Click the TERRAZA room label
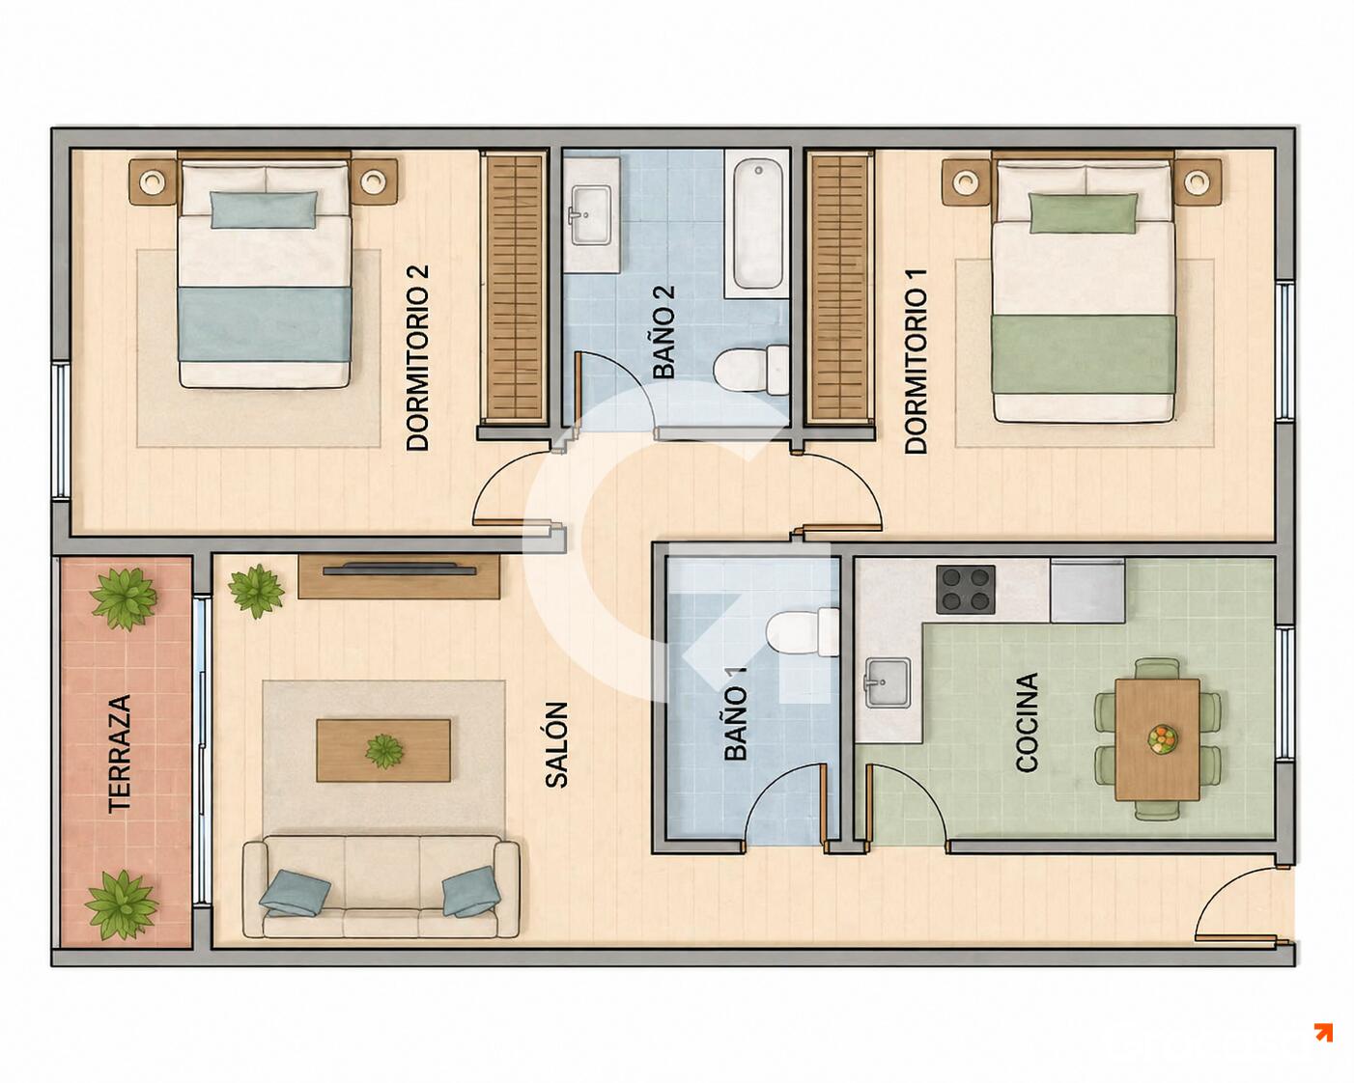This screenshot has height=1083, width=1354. pos(120,753)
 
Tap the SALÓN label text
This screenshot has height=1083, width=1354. pos(556,744)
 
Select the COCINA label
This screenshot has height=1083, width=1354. pos(1027,722)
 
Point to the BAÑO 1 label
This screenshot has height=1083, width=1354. pos(735,713)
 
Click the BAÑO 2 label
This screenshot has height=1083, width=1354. pos(664,332)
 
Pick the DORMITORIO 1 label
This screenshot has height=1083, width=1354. pos(916,361)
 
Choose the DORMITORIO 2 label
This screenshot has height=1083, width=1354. pos(417,357)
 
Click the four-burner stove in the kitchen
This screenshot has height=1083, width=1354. pos(965,590)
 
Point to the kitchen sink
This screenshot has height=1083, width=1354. pos(887,683)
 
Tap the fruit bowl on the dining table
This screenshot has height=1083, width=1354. pos(1161,739)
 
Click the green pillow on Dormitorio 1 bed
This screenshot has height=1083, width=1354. pos(1084,213)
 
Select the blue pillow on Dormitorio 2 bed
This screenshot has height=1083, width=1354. pos(264,209)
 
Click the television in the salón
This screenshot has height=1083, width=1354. pos(400,569)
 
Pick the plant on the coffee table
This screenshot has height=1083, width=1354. pos(383,752)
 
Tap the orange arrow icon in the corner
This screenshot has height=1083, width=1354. pos(1323,1033)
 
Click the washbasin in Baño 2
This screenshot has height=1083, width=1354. pos(591,214)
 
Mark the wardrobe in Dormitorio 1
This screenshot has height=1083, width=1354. pos(840,287)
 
